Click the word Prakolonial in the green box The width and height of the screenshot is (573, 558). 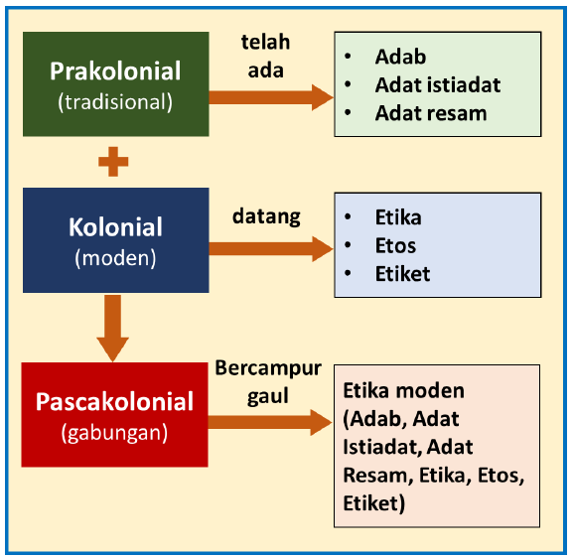[115, 71]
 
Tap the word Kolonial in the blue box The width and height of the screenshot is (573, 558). [115, 226]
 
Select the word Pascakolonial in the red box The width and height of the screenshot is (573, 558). [115, 402]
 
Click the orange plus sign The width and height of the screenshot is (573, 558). [113, 161]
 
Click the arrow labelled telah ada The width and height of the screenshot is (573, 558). [270, 96]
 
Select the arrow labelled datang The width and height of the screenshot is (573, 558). [270, 248]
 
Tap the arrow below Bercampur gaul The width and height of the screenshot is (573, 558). [270, 422]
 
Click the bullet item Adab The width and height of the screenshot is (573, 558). [400, 57]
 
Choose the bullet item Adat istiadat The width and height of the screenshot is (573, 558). [437, 84]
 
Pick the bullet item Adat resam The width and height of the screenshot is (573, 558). [430, 112]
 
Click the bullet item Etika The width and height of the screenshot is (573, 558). [397, 217]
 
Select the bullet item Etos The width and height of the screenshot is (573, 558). [395, 245]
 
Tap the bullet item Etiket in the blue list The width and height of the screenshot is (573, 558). [402, 273]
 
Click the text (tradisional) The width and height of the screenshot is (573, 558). [115, 101]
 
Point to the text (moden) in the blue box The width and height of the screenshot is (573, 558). [115, 257]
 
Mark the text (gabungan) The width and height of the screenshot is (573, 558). [115, 433]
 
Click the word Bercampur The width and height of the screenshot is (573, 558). [268, 368]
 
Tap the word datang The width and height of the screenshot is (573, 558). [265, 214]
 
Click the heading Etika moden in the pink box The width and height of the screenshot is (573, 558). [403, 391]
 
